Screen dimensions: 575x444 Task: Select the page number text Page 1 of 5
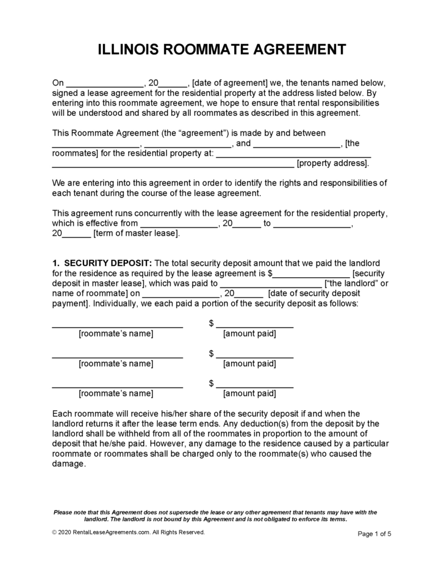374,533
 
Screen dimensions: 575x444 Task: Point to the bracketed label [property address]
332,163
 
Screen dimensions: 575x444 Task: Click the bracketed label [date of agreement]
230,82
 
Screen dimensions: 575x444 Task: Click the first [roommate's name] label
116,334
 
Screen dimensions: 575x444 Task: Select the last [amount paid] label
249,393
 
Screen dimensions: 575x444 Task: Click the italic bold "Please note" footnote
215,516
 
